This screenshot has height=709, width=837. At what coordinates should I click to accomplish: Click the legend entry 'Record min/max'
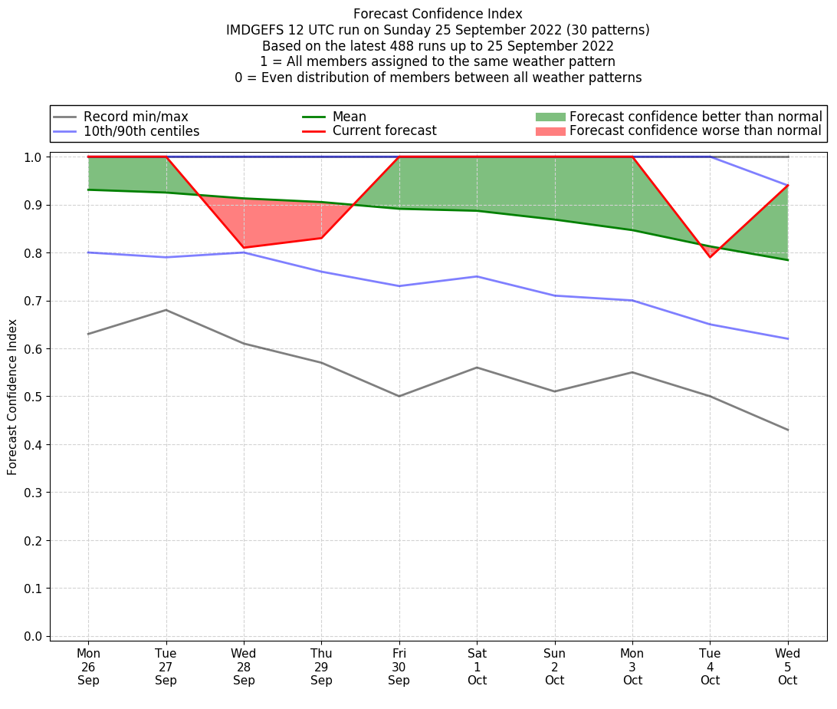[x=136, y=117]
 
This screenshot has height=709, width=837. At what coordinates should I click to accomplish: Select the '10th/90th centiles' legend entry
[x=141, y=131]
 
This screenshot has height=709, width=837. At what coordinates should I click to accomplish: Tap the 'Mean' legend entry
[x=349, y=117]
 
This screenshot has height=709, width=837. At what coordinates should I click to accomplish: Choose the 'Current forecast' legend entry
[x=384, y=131]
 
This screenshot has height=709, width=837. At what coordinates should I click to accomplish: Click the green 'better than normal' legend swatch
[x=550, y=117]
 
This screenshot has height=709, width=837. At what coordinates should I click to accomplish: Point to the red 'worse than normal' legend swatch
[x=550, y=131]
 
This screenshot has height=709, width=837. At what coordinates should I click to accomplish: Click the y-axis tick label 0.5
[x=34, y=397]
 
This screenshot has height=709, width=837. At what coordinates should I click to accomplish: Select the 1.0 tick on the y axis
[x=34, y=157]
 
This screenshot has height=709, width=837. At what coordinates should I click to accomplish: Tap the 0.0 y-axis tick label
[x=34, y=637]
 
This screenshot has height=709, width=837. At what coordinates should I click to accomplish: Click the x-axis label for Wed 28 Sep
[x=244, y=667]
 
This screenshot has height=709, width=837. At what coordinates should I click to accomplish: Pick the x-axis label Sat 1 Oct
[x=477, y=667]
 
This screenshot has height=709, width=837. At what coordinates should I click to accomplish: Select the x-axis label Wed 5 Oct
[x=787, y=667]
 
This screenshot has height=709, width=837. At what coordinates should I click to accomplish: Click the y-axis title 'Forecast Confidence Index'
[x=12, y=397]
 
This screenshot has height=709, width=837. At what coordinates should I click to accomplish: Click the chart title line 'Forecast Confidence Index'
[x=438, y=14]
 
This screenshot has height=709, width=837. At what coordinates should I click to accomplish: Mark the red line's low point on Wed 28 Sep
[x=244, y=247]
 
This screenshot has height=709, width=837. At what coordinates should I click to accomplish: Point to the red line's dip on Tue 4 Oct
[x=710, y=256]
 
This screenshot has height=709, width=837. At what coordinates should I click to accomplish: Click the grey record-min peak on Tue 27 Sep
[x=166, y=310]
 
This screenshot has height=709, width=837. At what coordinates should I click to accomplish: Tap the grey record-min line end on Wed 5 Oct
[x=787, y=430]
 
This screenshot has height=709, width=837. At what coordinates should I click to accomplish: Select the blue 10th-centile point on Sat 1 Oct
[x=477, y=276]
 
